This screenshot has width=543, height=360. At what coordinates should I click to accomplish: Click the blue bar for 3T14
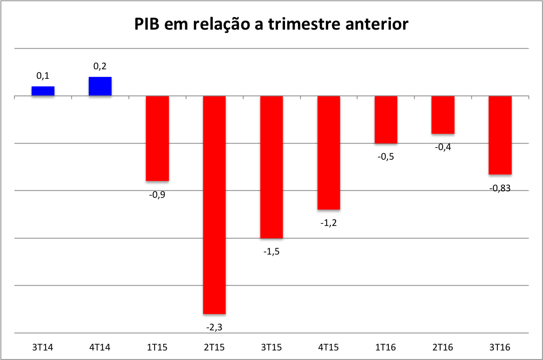tap(43, 91)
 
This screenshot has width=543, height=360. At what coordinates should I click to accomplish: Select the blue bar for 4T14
tap(100, 86)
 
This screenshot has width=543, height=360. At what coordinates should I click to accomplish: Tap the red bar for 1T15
tap(157, 138)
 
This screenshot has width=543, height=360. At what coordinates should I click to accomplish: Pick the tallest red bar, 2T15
tap(214, 204)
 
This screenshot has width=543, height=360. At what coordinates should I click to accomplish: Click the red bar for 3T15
tap(271, 167)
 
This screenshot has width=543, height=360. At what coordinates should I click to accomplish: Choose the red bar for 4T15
tap(329, 153)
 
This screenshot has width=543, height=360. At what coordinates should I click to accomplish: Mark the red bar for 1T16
tap(386, 119)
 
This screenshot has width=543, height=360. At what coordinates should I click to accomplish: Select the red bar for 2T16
tap(443, 114)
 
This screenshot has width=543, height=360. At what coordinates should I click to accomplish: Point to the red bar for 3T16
tap(500, 135)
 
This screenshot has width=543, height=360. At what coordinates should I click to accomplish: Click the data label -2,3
tap(214, 327)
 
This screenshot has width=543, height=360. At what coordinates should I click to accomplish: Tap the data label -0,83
tap(500, 189)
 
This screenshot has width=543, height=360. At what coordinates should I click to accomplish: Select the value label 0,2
tap(100, 66)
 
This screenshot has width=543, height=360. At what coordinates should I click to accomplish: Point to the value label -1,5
tap(271, 252)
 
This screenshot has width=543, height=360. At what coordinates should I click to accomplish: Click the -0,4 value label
tap(443, 148)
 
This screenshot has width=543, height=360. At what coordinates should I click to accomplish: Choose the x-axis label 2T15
tap(214, 347)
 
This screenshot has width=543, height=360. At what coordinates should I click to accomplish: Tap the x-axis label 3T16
tap(500, 347)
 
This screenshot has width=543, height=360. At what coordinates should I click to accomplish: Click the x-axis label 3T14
tap(43, 347)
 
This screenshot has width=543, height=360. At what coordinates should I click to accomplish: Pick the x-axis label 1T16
tap(386, 347)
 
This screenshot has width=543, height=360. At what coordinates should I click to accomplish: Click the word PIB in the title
tap(149, 24)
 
